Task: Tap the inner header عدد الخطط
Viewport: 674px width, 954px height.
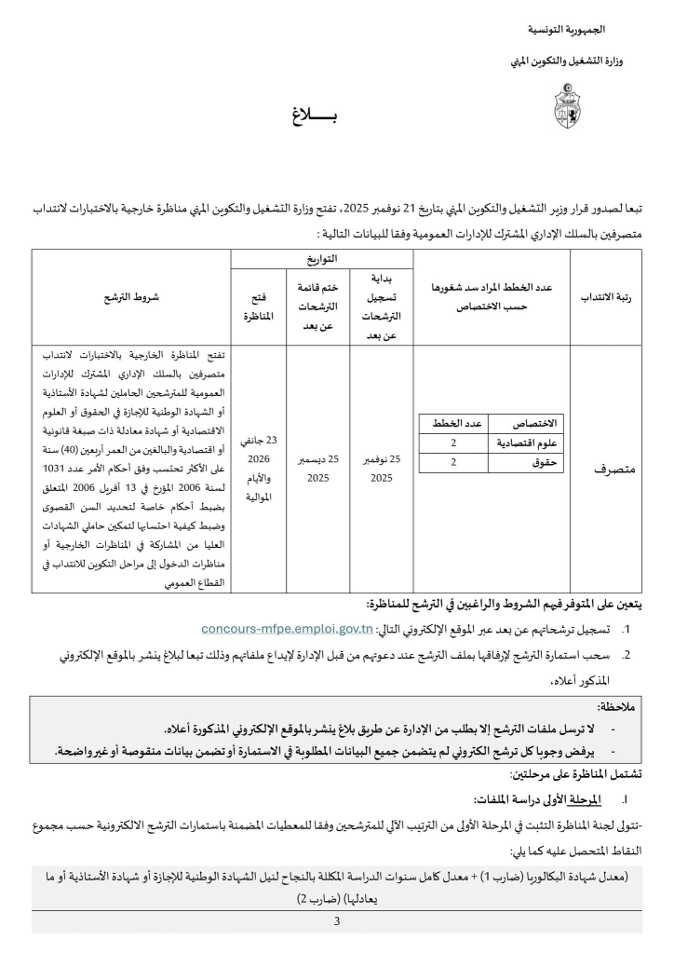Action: pyautogui.click(x=453, y=424)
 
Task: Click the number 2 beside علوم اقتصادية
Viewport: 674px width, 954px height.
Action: pyautogui.click(x=453, y=443)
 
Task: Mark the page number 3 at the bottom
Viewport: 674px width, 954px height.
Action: pyautogui.click(x=336, y=921)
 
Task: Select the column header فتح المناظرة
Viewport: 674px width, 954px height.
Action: pyautogui.click(x=258, y=307)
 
